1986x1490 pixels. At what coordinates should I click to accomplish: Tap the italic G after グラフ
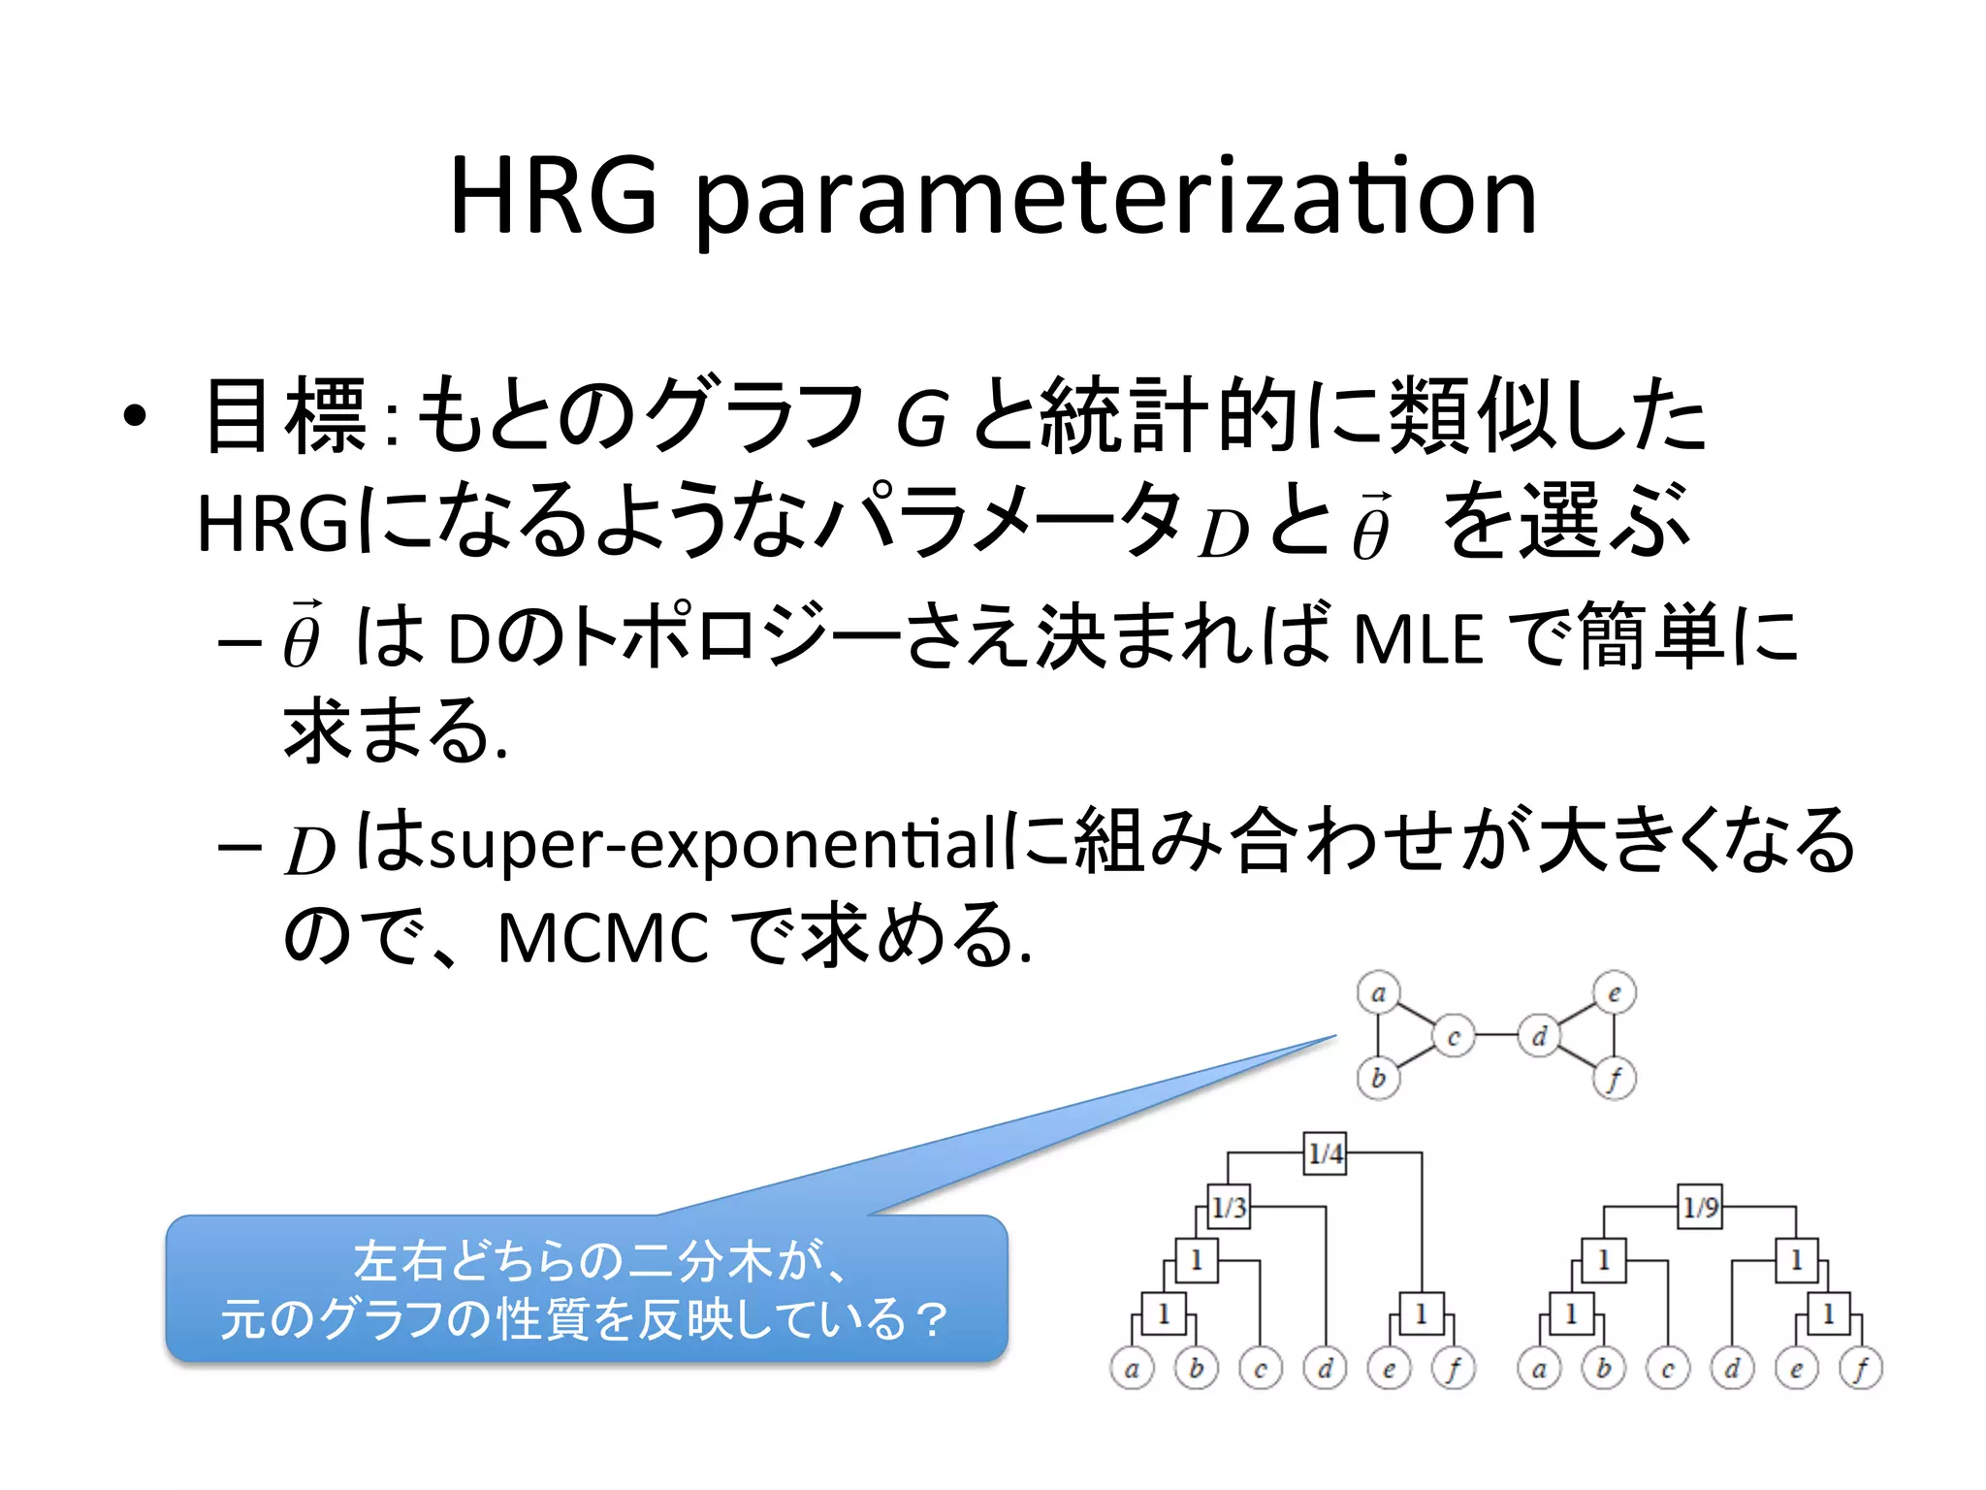[920, 419]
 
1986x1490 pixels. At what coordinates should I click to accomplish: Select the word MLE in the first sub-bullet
[1418, 639]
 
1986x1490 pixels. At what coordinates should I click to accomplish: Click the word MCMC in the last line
[603, 938]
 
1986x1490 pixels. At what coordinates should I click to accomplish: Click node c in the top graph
[1453, 1036]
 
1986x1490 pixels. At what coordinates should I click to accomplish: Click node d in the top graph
[1539, 1036]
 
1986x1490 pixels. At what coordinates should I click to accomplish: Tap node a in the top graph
[1378, 993]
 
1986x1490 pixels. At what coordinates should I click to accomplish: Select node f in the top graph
[1615, 1079]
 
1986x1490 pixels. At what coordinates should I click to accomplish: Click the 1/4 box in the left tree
[1325, 1153]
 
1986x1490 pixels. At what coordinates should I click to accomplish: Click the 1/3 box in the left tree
[1229, 1207]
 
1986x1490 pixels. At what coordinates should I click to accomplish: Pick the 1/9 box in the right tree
[1700, 1207]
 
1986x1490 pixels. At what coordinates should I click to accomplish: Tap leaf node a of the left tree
[1132, 1369]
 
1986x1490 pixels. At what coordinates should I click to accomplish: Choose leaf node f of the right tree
[1861, 1369]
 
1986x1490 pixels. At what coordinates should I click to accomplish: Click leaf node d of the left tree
[1325, 1369]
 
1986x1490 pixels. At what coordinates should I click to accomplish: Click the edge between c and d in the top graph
[1496, 1036]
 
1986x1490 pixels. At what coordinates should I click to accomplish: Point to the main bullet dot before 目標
[135, 417]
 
